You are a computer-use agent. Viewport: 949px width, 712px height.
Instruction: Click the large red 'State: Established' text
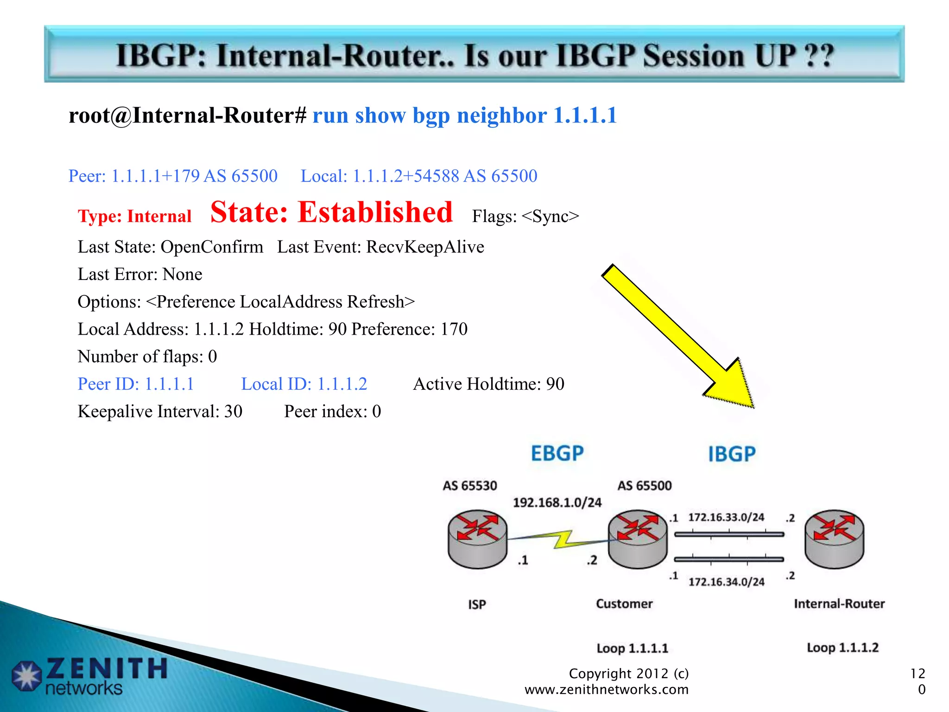click(331, 213)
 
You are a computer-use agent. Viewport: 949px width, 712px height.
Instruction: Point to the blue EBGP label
click(557, 453)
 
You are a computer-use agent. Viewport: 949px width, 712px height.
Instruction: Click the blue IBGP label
click(732, 454)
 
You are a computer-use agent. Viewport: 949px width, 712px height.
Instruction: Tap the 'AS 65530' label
click(469, 486)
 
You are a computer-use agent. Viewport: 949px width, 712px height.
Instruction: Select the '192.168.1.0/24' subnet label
click(557, 502)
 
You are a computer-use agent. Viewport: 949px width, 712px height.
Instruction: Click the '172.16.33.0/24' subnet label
click(726, 517)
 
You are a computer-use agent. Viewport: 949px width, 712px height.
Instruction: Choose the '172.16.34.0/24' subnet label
click(726, 582)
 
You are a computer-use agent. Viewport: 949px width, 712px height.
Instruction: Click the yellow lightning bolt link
click(563, 540)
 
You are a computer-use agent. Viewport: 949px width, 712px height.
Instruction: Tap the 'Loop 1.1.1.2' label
click(842, 648)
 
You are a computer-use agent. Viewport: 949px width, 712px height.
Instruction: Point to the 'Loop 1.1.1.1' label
click(632, 648)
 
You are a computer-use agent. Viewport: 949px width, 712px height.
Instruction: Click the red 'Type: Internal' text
click(134, 216)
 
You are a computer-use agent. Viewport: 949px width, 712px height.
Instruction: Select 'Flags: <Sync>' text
click(525, 216)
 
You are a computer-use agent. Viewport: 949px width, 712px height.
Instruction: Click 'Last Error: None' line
click(140, 274)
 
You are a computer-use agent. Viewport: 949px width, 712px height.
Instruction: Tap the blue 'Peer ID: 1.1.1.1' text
click(136, 384)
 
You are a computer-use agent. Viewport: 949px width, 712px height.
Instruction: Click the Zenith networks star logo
click(27, 676)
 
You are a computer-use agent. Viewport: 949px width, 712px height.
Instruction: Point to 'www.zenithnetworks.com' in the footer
click(606, 690)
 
